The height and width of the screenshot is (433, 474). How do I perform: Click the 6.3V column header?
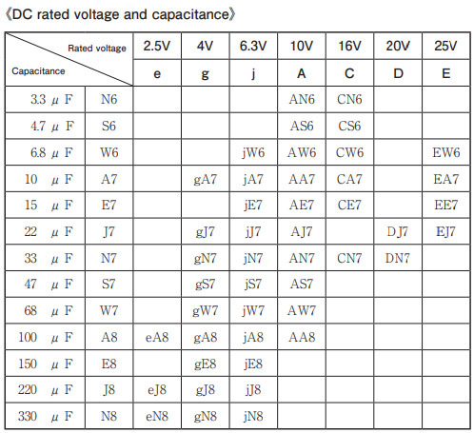pyautogui.click(x=253, y=46)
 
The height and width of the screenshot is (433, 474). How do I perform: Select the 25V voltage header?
pyautogui.click(x=445, y=46)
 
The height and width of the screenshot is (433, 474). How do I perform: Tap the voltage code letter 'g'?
pyautogui.click(x=206, y=74)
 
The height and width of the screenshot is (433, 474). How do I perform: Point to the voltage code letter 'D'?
pyautogui.click(x=398, y=73)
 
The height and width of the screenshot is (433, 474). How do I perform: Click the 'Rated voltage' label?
pyautogui.click(x=97, y=49)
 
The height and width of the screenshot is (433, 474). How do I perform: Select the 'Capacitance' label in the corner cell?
pyautogui.click(x=38, y=71)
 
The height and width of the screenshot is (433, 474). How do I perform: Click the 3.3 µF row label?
pyautogui.click(x=51, y=100)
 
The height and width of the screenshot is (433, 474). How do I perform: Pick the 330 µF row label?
pyautogui.click(x=46, y=416)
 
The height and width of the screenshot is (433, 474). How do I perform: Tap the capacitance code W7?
pyautogui.click(x=109, y=310)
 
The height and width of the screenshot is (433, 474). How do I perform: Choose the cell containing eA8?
pyautogui.click(x=157, y=337)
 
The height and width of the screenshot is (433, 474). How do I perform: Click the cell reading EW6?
pyautogui.click(x=445, y=152)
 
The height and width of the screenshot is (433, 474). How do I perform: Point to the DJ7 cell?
pyautogui.click(x=398, y=232)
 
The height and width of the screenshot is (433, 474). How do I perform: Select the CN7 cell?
pyautogui.click(x=349, y=258)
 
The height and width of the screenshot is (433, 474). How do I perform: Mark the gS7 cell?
pyautogui.click(x=206, y=285)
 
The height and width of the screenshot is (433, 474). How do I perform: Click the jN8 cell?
pyautogui.click(x=253, y=416)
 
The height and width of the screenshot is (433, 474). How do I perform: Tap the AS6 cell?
pyautogui.click(x=302, y=127)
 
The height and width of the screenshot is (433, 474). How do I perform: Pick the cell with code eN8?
pyautogui.click(x=157, y=416)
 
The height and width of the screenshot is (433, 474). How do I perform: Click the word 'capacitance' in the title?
pyautogui.click(x=190, y=14)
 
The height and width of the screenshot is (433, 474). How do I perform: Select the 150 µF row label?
pyautogui.click(x=46, y=364)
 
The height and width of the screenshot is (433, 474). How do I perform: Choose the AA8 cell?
pyautogui.click(x=302, y=337)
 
